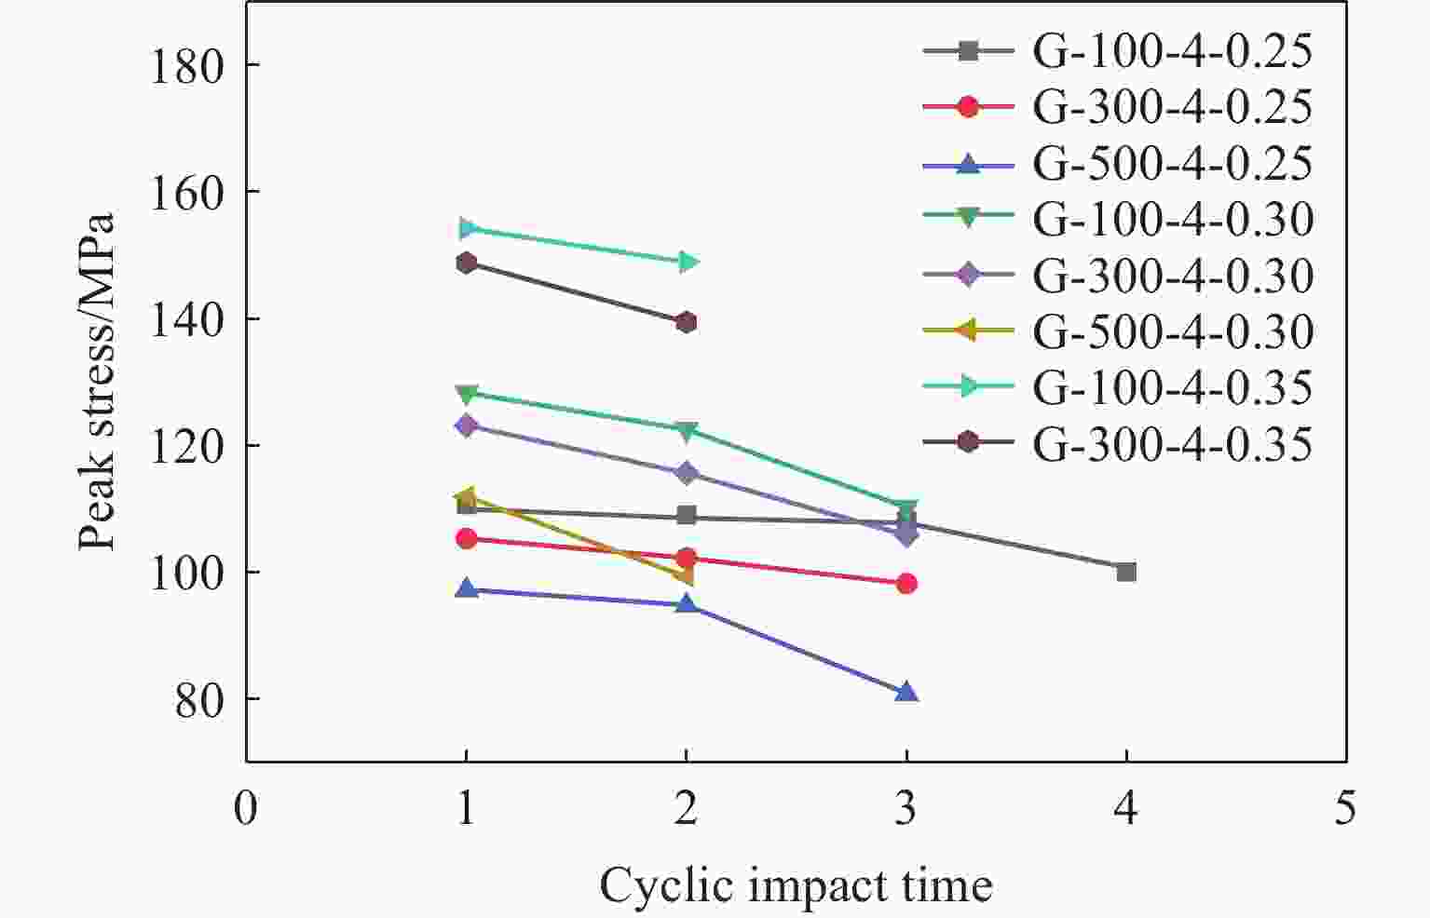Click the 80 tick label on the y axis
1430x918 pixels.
click(199, 699)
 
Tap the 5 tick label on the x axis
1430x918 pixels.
click(1345, 807)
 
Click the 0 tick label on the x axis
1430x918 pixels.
click(246, 807)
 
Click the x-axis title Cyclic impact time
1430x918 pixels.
click(796, 884)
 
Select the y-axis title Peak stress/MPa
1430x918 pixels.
click(97, 382)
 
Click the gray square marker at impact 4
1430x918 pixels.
click(1126, 572)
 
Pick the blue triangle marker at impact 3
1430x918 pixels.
click(906, 693)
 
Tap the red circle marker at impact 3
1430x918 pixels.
click(906, 584)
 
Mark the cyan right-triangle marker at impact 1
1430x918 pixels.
click(467, 228)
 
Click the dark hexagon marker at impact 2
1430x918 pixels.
click(687, 323)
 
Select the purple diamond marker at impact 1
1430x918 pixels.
click(467, 425)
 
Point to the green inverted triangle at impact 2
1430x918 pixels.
click(687, 431)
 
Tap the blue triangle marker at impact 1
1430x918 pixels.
click(467, 588)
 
